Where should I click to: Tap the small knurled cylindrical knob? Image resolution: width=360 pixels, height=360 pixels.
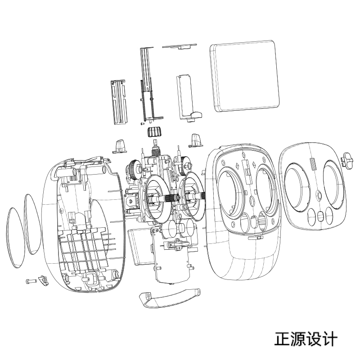coord(154,133)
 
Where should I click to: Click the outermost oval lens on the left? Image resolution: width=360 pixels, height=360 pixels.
coord(15,237)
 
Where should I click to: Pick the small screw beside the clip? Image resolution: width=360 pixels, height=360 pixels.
coord(30,281)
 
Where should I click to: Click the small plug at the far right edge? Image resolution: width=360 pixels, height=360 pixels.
coord(349,160)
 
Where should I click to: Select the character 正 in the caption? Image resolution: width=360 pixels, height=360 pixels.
coord(283,339)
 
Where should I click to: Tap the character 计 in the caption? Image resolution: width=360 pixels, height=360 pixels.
coord(329,339)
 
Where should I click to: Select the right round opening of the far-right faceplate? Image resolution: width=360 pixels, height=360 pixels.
coord(333,185)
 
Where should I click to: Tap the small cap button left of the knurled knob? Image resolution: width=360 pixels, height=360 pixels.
coord(119,146)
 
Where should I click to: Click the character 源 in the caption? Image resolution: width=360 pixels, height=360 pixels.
coord(298,339)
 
